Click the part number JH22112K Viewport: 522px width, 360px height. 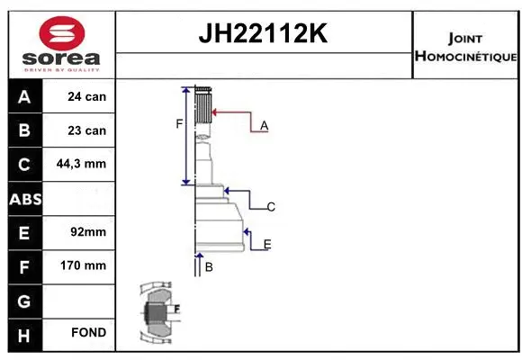click(x=262, y=34)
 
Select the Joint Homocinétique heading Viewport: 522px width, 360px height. click(x=465, y=48)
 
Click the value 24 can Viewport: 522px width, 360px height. click(x=86, y=96)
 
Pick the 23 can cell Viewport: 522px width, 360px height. click(x=86, y=130)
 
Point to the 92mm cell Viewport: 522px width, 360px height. click(x=88, y=232)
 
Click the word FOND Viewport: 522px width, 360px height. click(x=88, y=333)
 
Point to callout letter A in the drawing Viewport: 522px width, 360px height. click(x=264, y=126)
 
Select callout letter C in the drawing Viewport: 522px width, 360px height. click(x=270, y=207)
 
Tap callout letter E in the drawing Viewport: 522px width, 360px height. click(x=267, y=244)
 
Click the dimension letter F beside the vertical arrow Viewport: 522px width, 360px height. click(x=179, y=123)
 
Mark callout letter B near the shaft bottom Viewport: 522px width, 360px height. click(x=208, y=267)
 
